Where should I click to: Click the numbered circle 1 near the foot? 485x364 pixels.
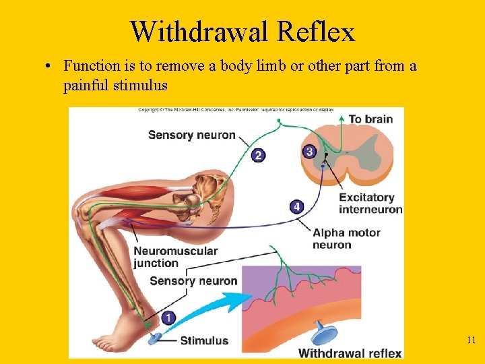[168, 317]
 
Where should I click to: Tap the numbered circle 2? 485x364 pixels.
[259, 156]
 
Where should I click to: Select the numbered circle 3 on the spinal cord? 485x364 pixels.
[309, 152]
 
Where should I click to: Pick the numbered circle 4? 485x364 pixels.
[297, 206]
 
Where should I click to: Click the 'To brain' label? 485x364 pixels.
[370, 119]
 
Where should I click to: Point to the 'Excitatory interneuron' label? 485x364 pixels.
[370, 203]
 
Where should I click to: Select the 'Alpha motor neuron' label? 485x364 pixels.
[346, 238]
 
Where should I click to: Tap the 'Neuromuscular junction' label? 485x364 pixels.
[175, 257]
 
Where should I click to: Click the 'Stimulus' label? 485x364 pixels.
[204, 340]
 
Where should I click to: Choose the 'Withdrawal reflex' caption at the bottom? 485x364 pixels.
[350, 353]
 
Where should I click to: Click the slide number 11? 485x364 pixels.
[472, 340]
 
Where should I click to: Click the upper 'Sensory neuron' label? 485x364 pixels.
[191, 135]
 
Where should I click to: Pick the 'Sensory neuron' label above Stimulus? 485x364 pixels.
[193, 281]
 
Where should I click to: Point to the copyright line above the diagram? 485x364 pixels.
[236, 109]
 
